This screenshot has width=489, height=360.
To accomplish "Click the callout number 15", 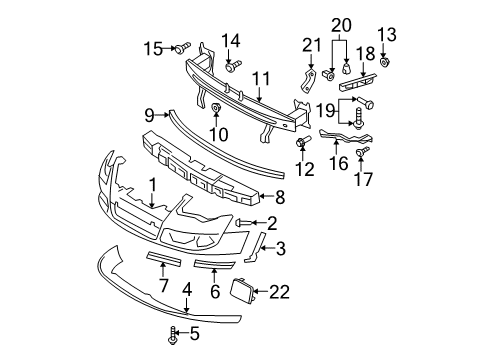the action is (x=153, y=49).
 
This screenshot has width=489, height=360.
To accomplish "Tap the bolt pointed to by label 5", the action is (x=172, y=335).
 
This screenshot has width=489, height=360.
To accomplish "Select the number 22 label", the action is (x=279, y=292).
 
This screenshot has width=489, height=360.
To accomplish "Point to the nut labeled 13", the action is (x=385, y=62).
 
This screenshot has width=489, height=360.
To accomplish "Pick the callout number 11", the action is (x=261, y=79).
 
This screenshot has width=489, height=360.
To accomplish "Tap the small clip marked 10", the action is (x=216, y=107).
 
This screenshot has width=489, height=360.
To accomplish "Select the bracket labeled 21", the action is (x=308, y=80).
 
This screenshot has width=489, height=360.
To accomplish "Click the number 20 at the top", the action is (x=341, y=25).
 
